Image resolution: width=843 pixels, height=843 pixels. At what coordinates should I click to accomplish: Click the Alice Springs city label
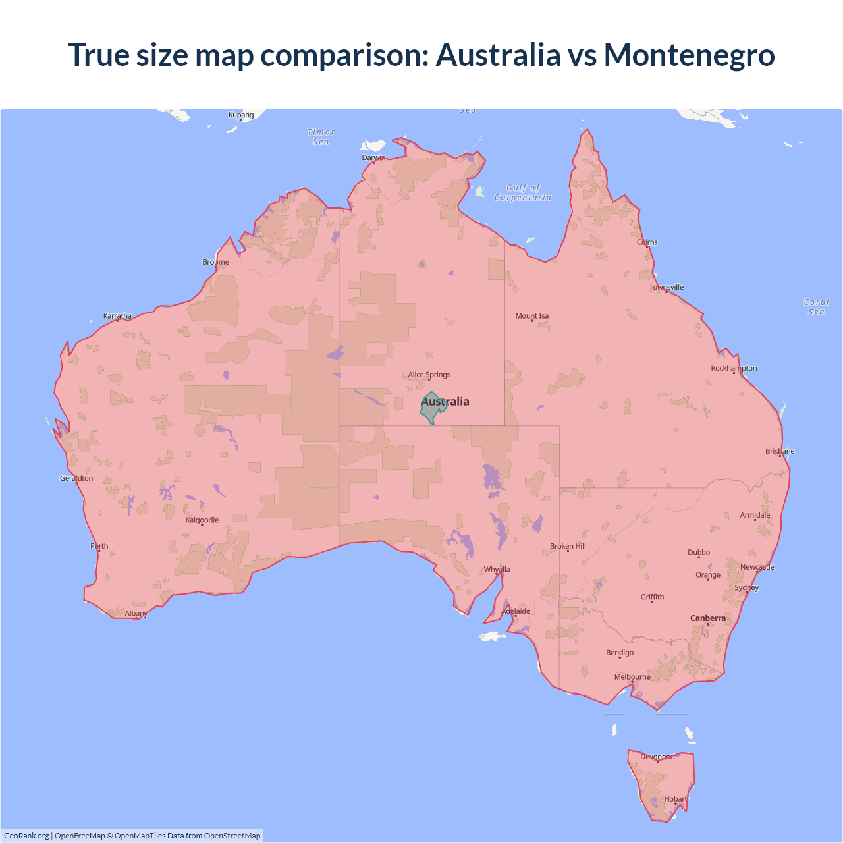point(429,375)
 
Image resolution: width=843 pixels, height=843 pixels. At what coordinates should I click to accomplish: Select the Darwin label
point(373,157)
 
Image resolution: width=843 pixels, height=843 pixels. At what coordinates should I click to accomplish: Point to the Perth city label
point(99,546)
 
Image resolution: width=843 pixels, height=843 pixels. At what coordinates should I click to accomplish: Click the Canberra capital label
point(707,618)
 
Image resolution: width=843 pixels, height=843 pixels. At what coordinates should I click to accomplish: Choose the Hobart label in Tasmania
point(675,799)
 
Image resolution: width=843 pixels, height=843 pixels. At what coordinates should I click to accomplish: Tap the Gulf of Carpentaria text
point(523,192)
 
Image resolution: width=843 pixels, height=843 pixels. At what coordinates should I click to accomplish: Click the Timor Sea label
point(321,137)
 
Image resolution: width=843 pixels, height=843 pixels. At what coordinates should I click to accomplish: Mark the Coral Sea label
point(816,307)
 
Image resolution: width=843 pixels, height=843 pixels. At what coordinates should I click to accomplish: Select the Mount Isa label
point(531,316)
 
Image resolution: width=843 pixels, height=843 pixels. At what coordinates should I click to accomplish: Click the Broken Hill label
point(568,546)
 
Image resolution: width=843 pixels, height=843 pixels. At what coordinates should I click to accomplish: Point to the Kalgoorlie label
point(202,520)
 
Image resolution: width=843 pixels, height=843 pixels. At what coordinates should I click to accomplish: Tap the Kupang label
point(241,115)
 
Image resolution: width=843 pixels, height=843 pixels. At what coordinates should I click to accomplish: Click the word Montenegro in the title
point(689,55)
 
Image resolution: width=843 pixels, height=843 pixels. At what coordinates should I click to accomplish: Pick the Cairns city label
point(647,242)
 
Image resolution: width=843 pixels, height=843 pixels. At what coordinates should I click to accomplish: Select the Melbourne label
point(632,676)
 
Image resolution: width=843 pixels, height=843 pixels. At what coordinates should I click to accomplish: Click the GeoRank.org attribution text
point(26,836)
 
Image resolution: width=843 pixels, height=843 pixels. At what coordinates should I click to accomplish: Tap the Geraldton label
point(76,478)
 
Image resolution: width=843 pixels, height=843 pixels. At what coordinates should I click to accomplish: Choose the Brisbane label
point(780,451)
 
